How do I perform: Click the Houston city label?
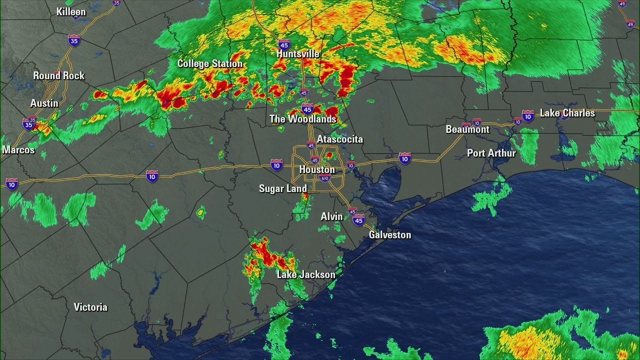(317, 169)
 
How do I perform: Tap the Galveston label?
(390, 234)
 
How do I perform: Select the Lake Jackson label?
(306, 274)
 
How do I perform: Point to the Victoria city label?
(90, 307)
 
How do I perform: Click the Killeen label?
(71, 11)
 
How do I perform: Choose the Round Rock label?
(59, 75)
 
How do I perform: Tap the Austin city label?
(44, 103)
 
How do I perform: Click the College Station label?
(210, 63)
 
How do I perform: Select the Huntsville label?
(298, 53)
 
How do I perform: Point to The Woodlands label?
(303, 119)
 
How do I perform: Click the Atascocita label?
(340, 139)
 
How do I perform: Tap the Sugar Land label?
(283, 188)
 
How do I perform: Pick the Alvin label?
(332, 216)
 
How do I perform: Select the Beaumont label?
(467, 129)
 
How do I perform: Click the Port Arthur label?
(491, 153)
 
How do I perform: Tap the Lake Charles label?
(567, 113)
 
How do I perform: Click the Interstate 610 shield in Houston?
(325, 178)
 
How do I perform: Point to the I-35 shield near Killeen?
(74, 40)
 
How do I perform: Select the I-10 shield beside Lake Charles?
(528, 116)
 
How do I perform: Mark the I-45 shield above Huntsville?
(284, 43)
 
